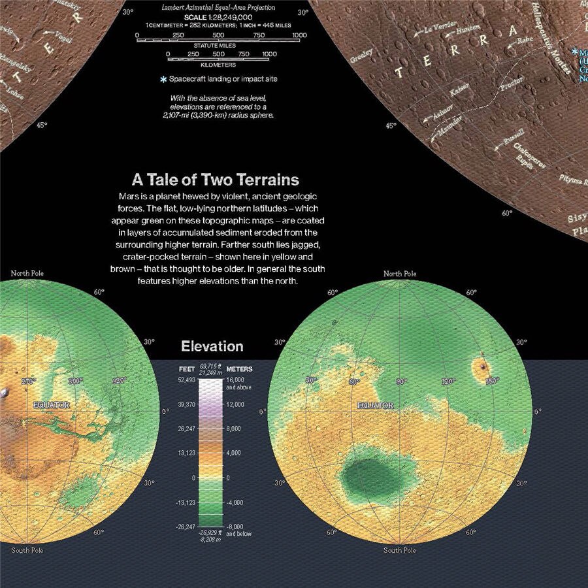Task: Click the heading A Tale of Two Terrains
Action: click(x=216, y=179)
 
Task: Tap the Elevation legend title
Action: click(x=212, y=347)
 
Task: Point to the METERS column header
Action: click(x=239, y=369)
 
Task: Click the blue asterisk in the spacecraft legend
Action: click(x=163, y=79)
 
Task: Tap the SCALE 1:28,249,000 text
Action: click(x=218, y=16)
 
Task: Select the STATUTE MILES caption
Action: click(x=218, y=46)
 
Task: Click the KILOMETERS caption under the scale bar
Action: click(x=218, y=65)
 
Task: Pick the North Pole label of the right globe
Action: click(x=400, y=274)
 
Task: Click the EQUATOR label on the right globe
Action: click(x=375, y=406)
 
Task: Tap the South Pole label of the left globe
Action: click(x=27, y=551)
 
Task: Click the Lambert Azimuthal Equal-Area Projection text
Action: click(x=218, y=8)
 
